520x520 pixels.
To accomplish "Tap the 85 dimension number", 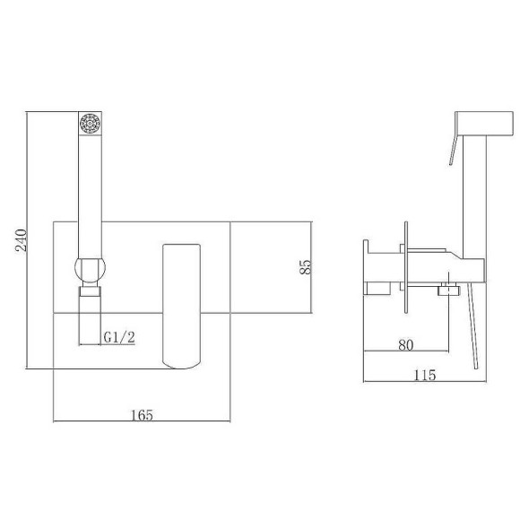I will (306, 266).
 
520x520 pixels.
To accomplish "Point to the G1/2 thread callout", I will (119, 337).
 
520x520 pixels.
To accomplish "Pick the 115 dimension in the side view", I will (426, 375).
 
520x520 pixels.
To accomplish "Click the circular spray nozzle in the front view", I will (90, 123).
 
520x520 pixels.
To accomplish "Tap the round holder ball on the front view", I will (90, 269).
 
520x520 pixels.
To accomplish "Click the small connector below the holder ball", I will (90, 290).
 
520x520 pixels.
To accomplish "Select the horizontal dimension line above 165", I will (143, 421).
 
